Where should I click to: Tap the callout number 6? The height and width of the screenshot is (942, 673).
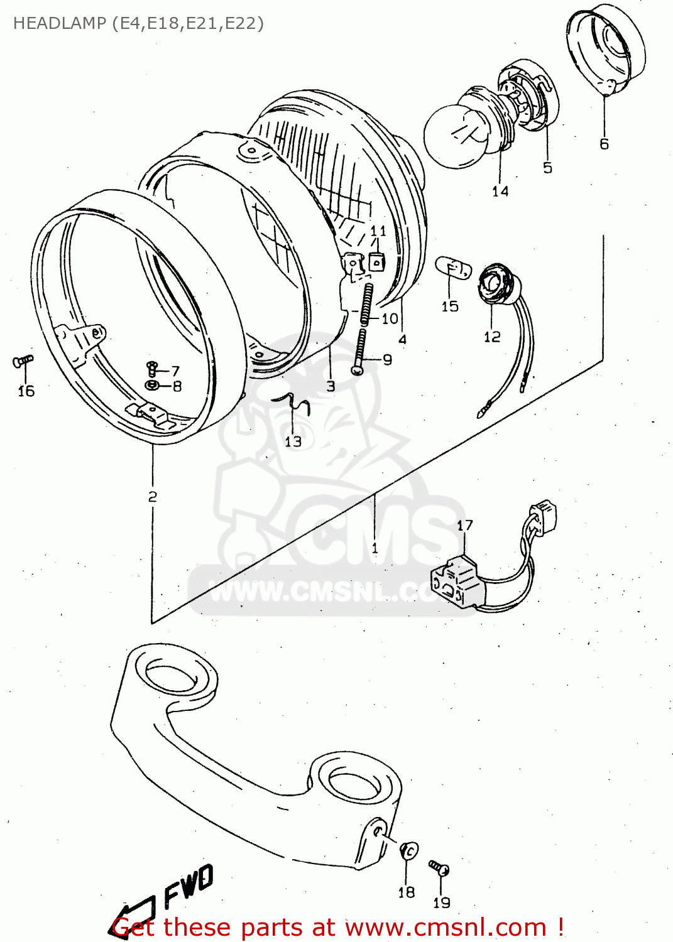(x=604, y=144)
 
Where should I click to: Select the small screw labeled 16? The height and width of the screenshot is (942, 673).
(x=23, y=362)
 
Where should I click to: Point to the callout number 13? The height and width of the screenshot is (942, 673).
(x=293, y=441)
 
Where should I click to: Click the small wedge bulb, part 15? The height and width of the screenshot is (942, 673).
(x=454, y=268)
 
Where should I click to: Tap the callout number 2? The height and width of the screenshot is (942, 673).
(x=153, y=497)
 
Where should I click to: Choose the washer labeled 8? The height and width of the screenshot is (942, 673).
(x=152, y=384)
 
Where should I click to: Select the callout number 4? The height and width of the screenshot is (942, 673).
(x=402, y=340)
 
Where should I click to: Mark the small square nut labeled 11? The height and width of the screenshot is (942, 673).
(x=376, y=261)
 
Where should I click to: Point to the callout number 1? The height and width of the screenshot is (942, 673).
(x=375, y=548)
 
